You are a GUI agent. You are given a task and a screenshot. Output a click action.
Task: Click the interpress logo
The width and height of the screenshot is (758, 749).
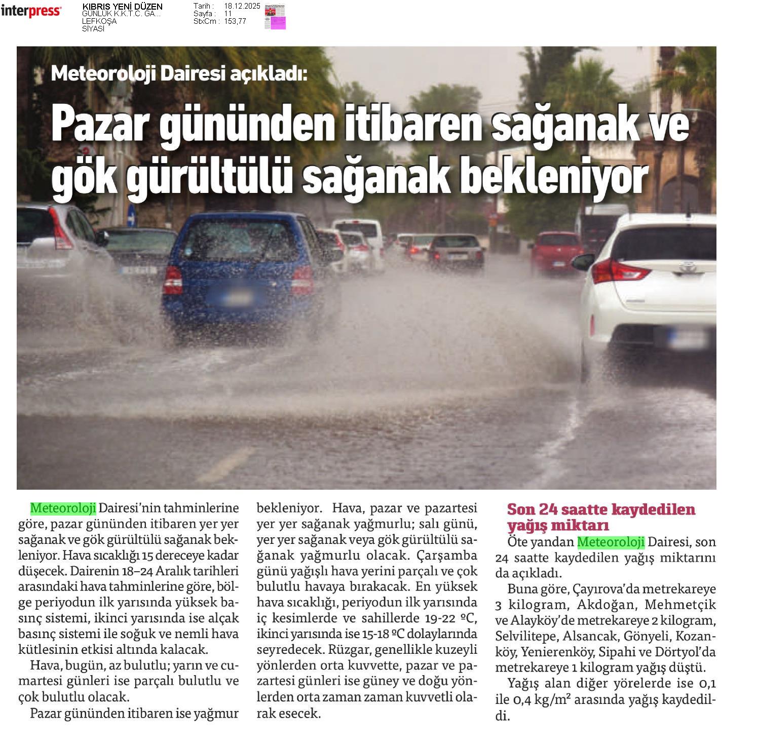pyautogui.click(x=31, y=11)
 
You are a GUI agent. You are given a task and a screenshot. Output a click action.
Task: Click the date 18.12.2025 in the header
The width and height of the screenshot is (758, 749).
pyautogui.click(x=242, y=6)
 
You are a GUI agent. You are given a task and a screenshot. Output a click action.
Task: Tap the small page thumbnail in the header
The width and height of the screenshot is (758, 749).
pyautogui.click(x=275, y=16)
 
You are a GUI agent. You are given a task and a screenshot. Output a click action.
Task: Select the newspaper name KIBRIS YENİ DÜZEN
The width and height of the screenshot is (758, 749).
pyautogui.click(x=122, y=7)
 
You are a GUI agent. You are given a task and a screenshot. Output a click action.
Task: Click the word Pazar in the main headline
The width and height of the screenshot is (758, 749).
pyautogui.click(x=101, y=125)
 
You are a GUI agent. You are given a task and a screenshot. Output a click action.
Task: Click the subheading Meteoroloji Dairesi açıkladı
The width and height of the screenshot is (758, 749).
pyautogui.click(x=179, y=74)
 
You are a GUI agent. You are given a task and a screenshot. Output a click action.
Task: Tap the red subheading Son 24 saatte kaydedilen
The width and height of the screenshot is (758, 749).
pyautogui.click(x=601, y=509)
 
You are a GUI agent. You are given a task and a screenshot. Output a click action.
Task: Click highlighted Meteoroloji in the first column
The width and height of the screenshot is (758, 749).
pyautogui.click(x=63, y=507)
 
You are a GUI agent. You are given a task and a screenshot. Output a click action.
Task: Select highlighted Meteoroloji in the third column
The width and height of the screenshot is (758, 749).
pyautogui.click(x=611, y=542)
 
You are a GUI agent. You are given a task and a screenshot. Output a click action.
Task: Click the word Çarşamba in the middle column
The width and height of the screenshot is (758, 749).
pyautogui.click(x=447, y=555)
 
